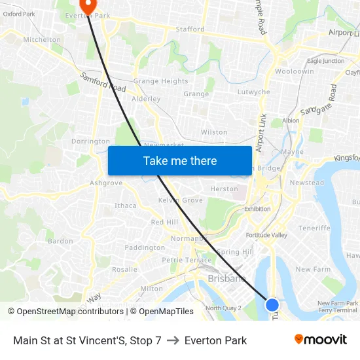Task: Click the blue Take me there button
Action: [x=180, y=160]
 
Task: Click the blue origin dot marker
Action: [x=272, y=304]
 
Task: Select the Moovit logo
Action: [x=320, y=340]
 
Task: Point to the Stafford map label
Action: [x=190, y=29]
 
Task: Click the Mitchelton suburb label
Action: [x=42, y=39]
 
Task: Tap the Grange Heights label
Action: [x=160, y=81]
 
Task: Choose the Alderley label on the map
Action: [x=146, y=99]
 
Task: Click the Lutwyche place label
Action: [x=253, y=92]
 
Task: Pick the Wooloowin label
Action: [x=294, y=71]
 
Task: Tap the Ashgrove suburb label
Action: [x=106, y=183]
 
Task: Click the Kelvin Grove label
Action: [x=180, y=200]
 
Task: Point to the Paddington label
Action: [x=145, y=248]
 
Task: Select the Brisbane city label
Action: [x=226, y=279]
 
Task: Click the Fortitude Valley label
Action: [x=266, y=235]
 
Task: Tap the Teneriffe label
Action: [x=314, y=228]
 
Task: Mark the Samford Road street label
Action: [x=103, y=82]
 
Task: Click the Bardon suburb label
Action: [x=60, y=241]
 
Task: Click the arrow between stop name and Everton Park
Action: [x=173, y=340]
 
